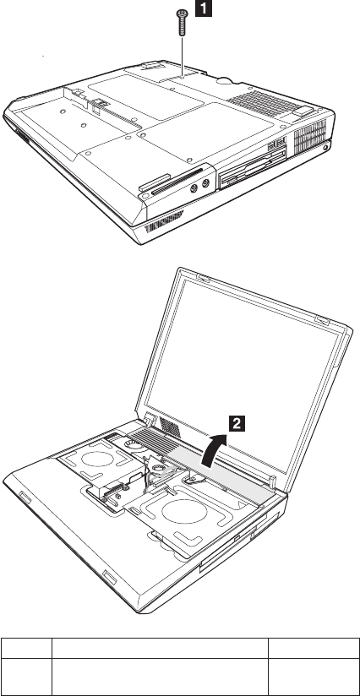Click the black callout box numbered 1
point(204,8)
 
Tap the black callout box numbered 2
point(237,423)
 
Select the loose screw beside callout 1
point(182,24)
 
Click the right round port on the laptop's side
point(205,182)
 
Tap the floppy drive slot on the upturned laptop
point(252,169)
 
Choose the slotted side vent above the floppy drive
point(310,136)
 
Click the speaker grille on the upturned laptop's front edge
point(163,222)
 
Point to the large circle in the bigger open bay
point(184,511)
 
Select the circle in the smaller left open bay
point(98,459)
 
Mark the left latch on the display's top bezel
point(203,279)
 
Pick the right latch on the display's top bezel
point(322,319)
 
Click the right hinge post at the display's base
point(273,481)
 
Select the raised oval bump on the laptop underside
point(225,80)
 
